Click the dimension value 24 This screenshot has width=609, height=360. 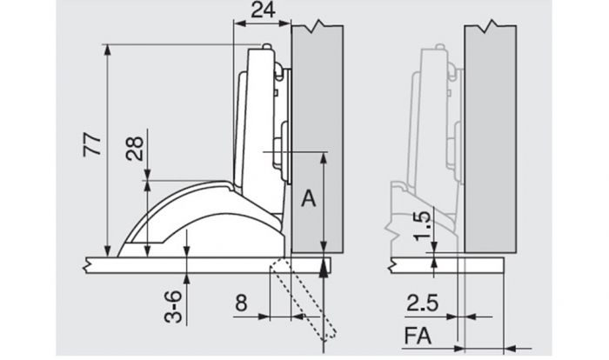(x=263, y=10)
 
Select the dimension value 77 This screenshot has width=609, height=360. (x=92, y=144)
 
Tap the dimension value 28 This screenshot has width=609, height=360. (x=135, y=149)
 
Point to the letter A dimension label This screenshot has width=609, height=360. (x=308, y=199)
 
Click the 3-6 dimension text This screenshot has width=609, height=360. (x=173, y=307)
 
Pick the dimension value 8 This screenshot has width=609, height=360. (x=241, y=303)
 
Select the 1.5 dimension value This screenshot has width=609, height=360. (x=423, y=226)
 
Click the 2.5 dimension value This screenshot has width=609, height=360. (x=423, y=303)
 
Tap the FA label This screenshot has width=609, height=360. (x=418, y=336)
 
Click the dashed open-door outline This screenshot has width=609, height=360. (x=303, y=299)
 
